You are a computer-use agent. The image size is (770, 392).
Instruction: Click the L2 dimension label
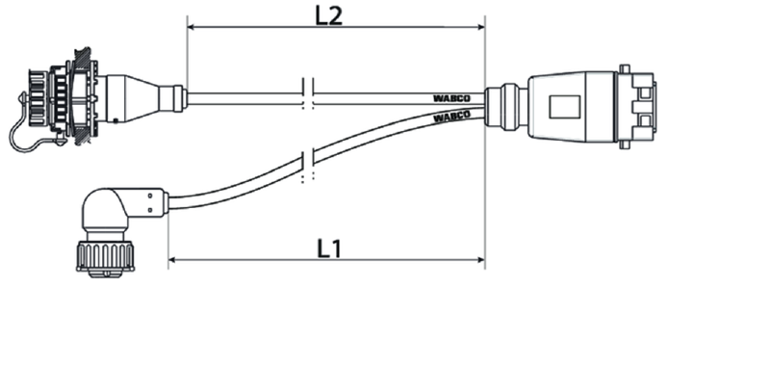tap(328, 15)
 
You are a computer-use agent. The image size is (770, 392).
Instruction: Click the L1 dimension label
tap(328, 248)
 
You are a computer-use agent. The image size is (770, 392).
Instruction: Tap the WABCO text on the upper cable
tap(451, 98)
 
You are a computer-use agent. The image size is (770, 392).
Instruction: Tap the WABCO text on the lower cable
tap(451, 118)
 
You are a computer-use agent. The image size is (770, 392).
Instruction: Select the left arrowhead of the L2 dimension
tap(193, 27)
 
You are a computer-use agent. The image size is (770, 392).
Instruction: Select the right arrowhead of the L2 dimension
tap(479, 27)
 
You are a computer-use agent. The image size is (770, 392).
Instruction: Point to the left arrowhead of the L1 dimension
tap(174, 259)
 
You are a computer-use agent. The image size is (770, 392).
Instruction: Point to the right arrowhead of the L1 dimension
tap(479, 259)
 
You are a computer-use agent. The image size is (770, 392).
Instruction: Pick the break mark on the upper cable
tap(308, 93)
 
